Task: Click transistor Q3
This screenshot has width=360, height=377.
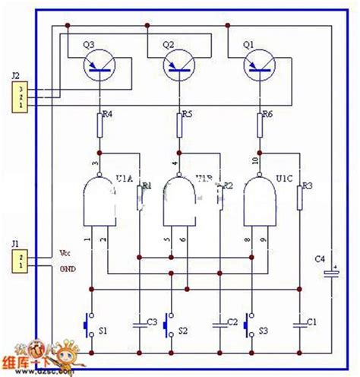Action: point(98,68)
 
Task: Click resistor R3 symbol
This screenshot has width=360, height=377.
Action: point(301,198)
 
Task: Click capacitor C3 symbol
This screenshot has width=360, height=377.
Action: point(140,322)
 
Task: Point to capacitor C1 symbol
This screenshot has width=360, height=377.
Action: point(301,322)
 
